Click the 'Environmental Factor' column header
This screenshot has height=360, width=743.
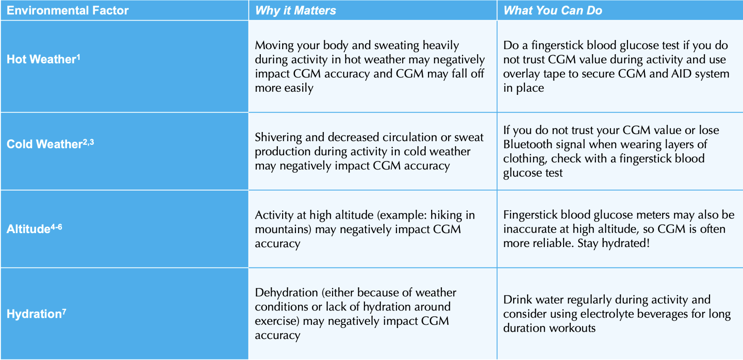[67, 10]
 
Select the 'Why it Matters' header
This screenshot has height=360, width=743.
[295, 10]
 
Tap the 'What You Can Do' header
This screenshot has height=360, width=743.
[553, 10]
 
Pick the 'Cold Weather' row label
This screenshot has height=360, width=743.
[45, 144]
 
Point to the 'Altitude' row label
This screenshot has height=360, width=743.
[28, 229]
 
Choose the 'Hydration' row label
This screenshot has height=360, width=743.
[34, 314]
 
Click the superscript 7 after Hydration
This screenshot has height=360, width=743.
[64, 311]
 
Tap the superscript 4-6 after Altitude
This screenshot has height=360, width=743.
[56, 226]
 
